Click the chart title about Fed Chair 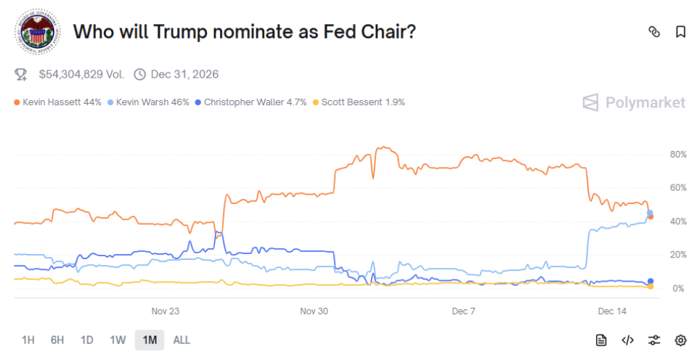pos(245,32)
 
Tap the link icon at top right pos(653,32)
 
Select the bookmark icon pos(680,32)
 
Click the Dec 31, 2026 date pos(184,74)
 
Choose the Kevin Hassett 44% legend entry pos(57,102)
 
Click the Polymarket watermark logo pos(634,102)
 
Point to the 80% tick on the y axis pos(678,155)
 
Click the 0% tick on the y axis pos(678,289)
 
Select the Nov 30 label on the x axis pos(314,311)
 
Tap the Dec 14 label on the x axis pos(611,311)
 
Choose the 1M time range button pos(150,340)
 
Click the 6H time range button pos(57,340)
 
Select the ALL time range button pos(182,340)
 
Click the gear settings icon pos(680,340)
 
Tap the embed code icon pos(628,340)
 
